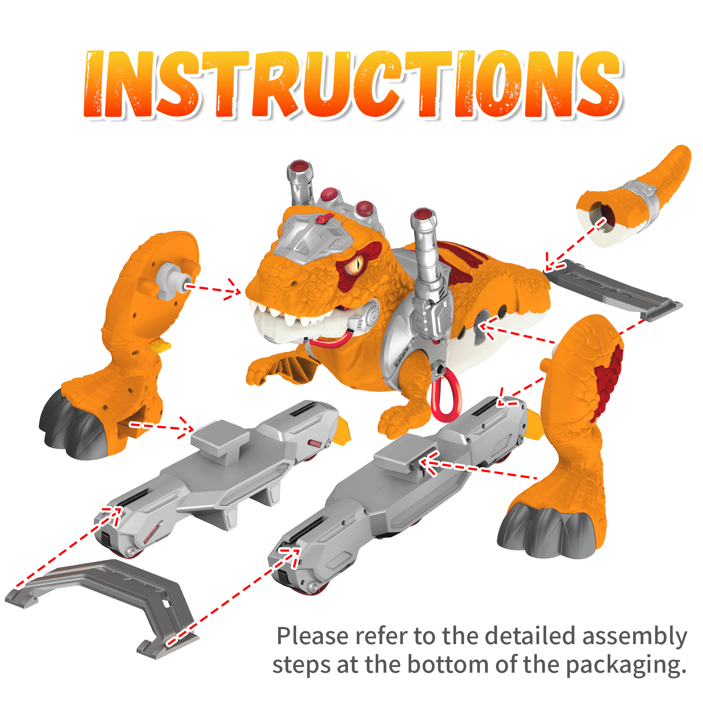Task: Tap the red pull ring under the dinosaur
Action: tap(446, 395)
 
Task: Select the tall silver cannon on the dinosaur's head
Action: tap(301, 182)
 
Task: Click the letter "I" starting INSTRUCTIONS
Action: tap(94, 84)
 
